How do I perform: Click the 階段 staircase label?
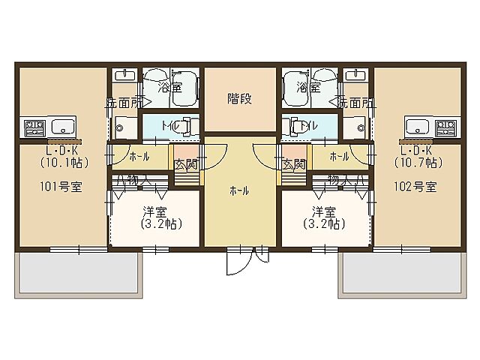click(240, 98)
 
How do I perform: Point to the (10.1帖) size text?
click(61, 160)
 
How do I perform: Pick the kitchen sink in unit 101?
click(61, 126)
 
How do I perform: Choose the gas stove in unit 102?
click(448, 126)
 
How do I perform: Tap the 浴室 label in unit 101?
click(170, 88)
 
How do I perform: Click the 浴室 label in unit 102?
click(307, 88)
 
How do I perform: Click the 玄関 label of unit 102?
click(295, 164)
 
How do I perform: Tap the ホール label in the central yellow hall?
click(240, 191)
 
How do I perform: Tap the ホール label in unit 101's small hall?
click(139, 157)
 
